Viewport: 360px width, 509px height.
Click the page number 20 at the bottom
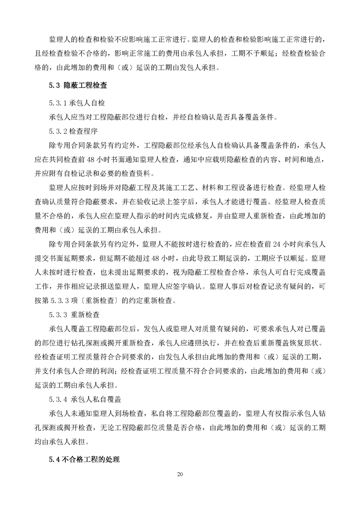pyautogui.click(x=180, y=474)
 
